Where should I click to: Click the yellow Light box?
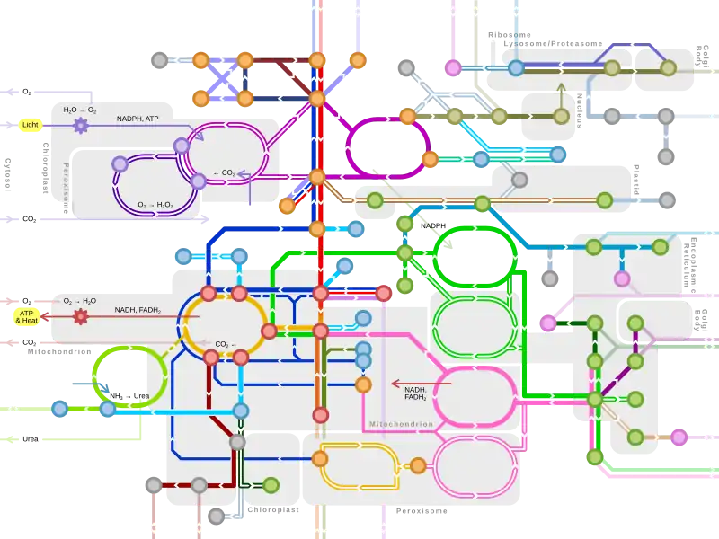point(31,126)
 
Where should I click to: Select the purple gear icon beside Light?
point(81,126)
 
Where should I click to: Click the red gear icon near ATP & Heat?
point(81,316)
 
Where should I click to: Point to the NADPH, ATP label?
point(138,119)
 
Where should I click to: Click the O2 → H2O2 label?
point(155,206)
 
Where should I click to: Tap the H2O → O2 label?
point(80,110)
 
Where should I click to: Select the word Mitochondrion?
point(401,424)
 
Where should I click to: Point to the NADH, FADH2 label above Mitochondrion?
point(415,393)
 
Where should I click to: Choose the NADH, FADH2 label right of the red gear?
point(138,310)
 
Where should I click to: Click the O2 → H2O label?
point(80,301)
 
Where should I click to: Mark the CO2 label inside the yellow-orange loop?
point(225,344)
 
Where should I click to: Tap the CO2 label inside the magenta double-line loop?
point(224,173)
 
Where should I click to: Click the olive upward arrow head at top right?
point(562,88)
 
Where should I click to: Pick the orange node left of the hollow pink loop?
point(418,465)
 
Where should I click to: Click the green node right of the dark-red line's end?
point(271,485)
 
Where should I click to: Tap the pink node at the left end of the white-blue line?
point(453,67)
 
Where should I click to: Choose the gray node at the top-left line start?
point(159,60)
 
